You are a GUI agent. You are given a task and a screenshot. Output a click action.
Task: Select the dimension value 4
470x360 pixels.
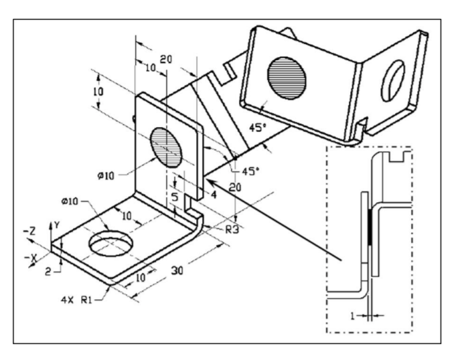[214, 195]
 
